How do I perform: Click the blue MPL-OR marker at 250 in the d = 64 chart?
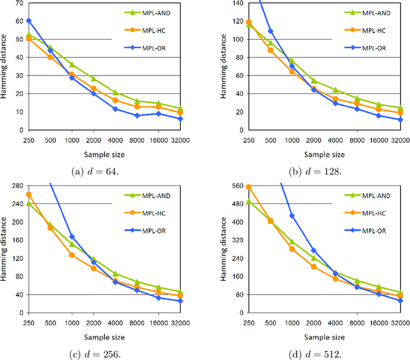(x=29, y=20)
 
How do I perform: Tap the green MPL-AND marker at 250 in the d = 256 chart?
(x=29, y=203)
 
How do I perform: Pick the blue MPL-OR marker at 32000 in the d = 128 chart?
(x=400, y=120)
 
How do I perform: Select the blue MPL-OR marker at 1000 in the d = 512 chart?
(x=291, y=215)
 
